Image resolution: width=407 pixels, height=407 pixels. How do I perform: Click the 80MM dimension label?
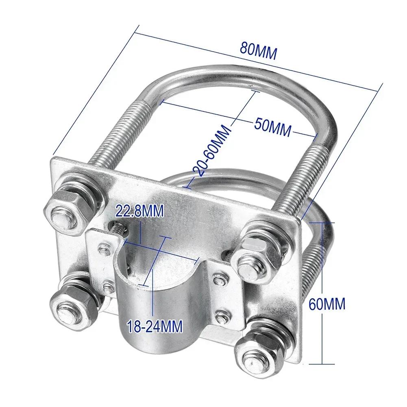[259, 51]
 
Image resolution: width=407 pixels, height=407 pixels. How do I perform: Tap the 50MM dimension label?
[273, 127]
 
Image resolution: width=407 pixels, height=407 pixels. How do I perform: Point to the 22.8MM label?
[139, 211]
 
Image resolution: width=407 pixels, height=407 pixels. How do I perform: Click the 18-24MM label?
[155, 326]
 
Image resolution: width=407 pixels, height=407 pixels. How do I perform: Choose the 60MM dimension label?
[327, 304]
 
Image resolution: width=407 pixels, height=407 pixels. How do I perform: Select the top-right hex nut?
[256, 257]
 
